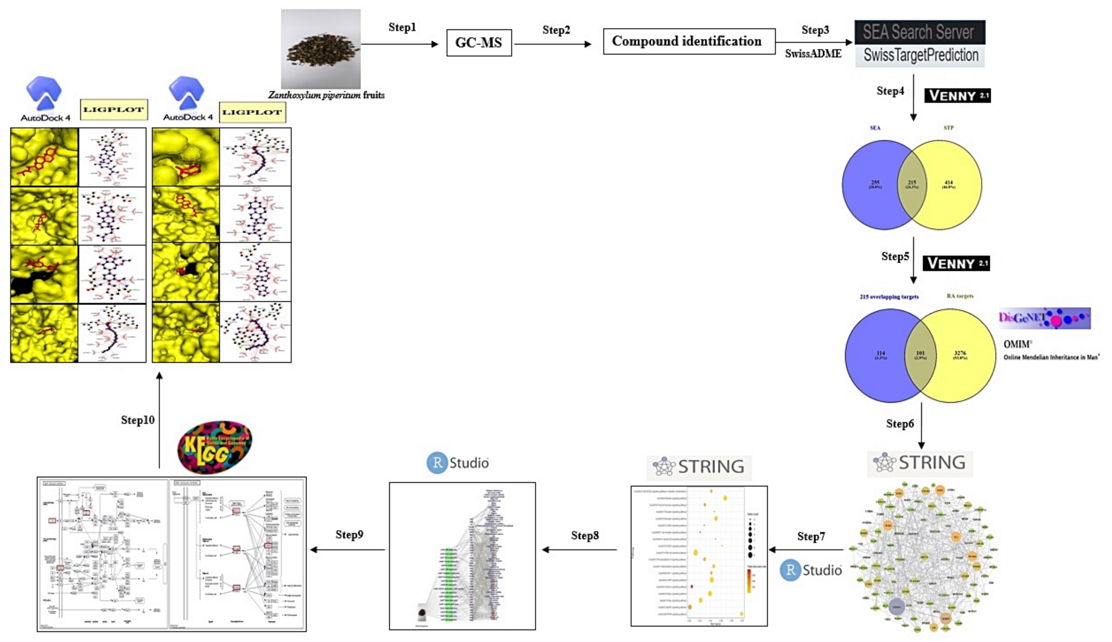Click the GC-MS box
479,43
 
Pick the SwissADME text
813,54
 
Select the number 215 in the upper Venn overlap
912,182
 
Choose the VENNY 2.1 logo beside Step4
957,95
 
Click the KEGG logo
215,447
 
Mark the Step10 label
138,420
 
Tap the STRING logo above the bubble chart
699,466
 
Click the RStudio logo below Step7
811,570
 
